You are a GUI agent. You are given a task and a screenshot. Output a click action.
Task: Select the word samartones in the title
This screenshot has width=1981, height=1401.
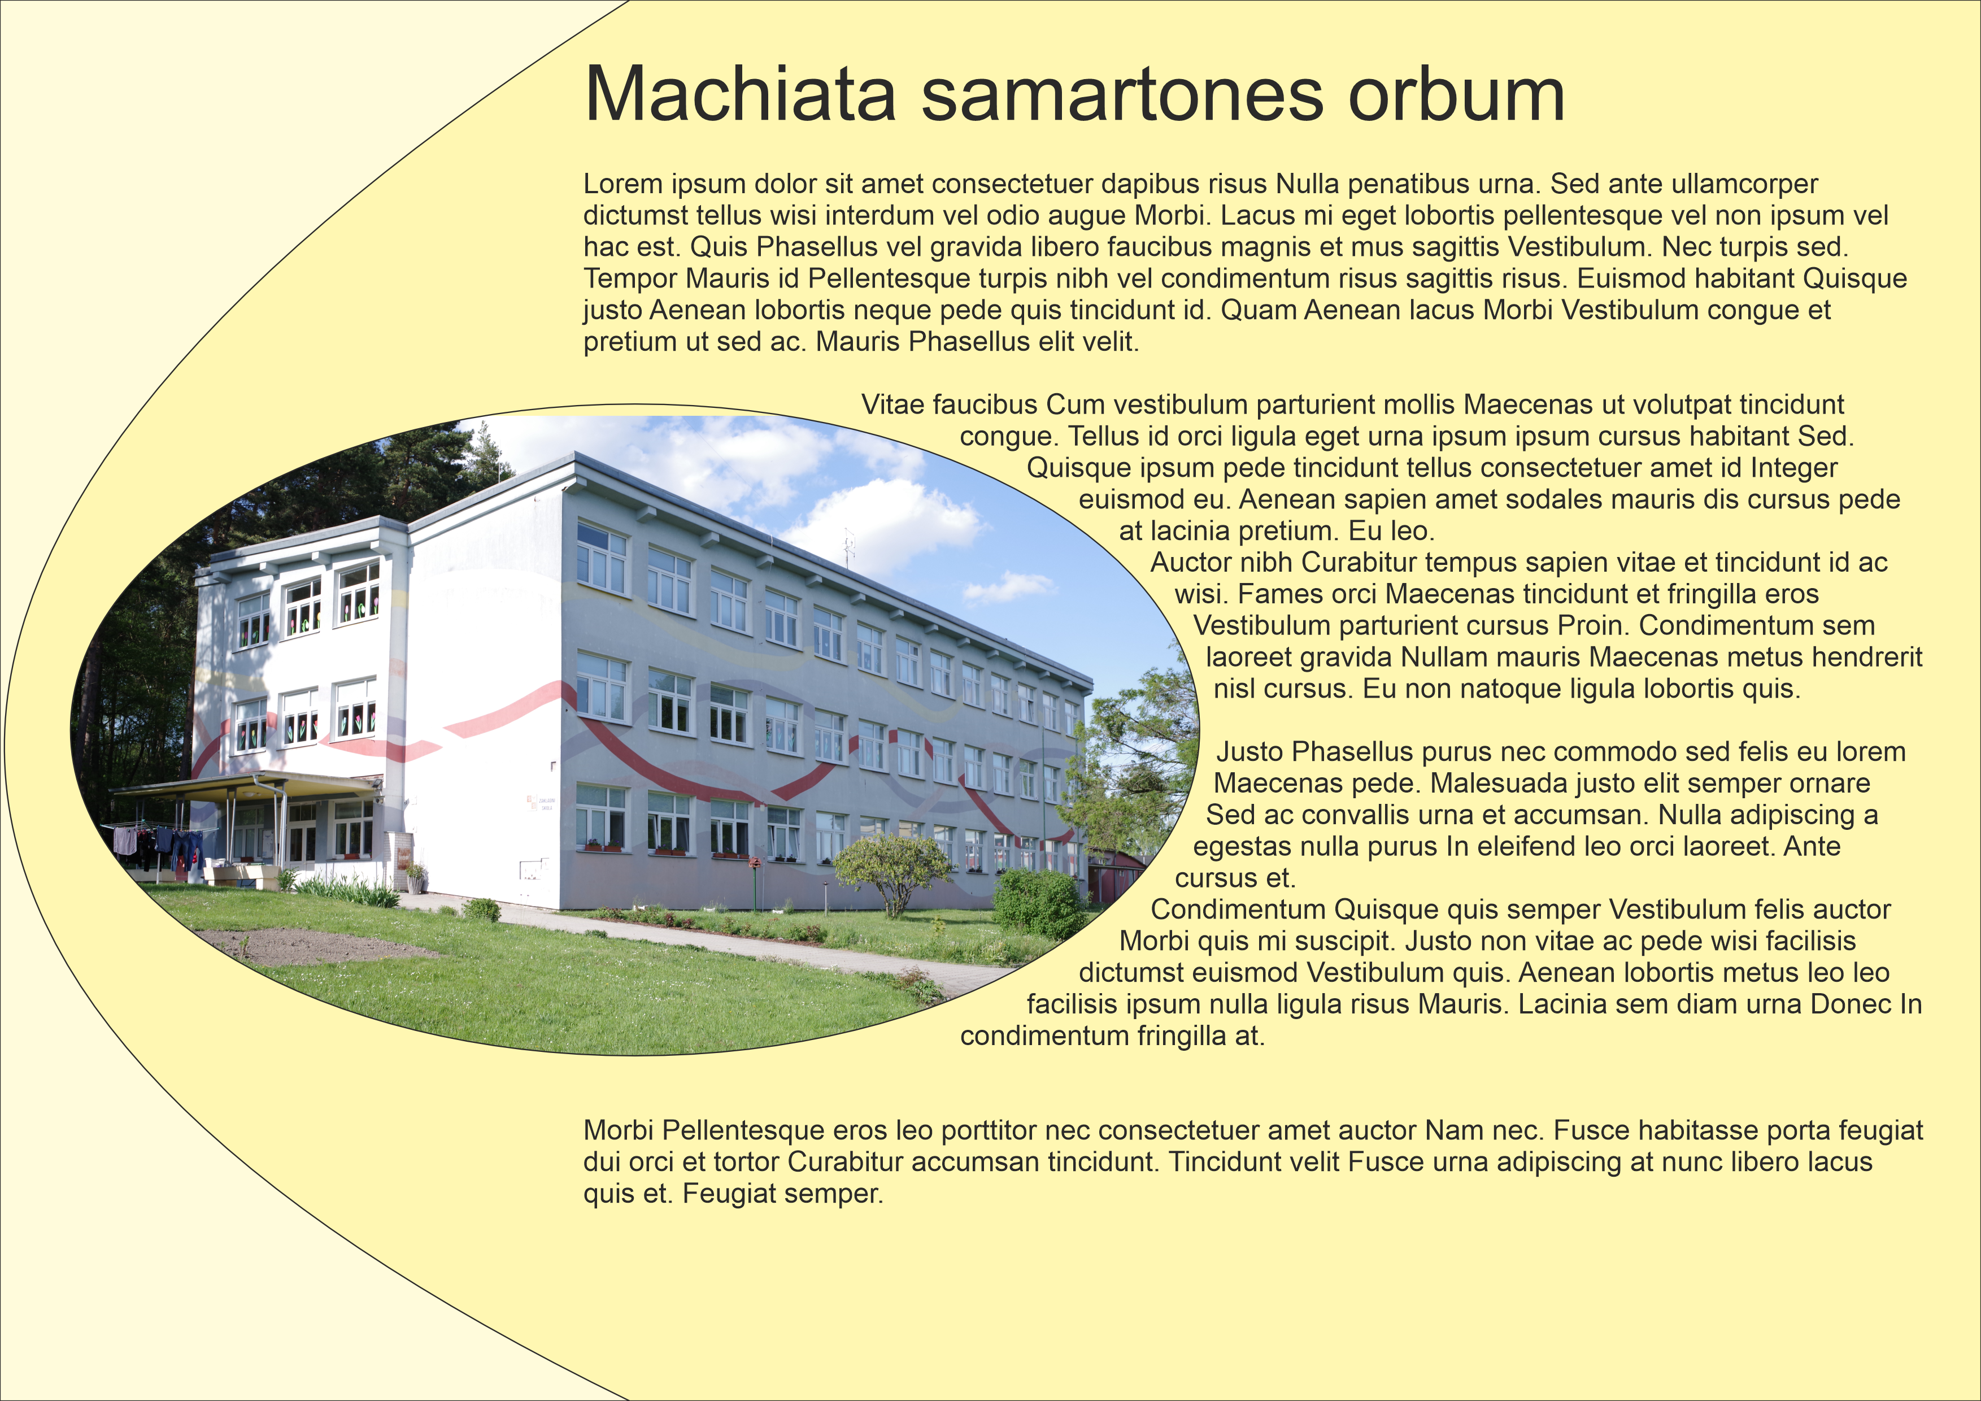(1122, 95)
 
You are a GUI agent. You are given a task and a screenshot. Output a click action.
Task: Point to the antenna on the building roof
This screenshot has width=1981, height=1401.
(850, 549)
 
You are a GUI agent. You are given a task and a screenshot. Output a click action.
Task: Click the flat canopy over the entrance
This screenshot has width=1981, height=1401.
(246, 785)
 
